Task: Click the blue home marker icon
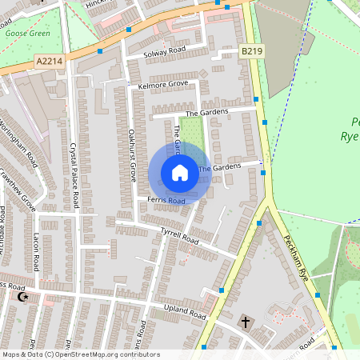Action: click(x=180, y=173)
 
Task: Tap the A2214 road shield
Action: click(x=48, y=61)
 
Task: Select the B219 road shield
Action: click(x=252, y=51)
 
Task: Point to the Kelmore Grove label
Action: click(x=162, y=84)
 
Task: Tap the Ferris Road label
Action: click(x=166, y=199)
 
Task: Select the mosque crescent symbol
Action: click(x=22, y=297)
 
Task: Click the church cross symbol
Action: click(x=246, y=323)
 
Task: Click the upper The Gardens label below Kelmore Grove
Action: click(x=206, y=113)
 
